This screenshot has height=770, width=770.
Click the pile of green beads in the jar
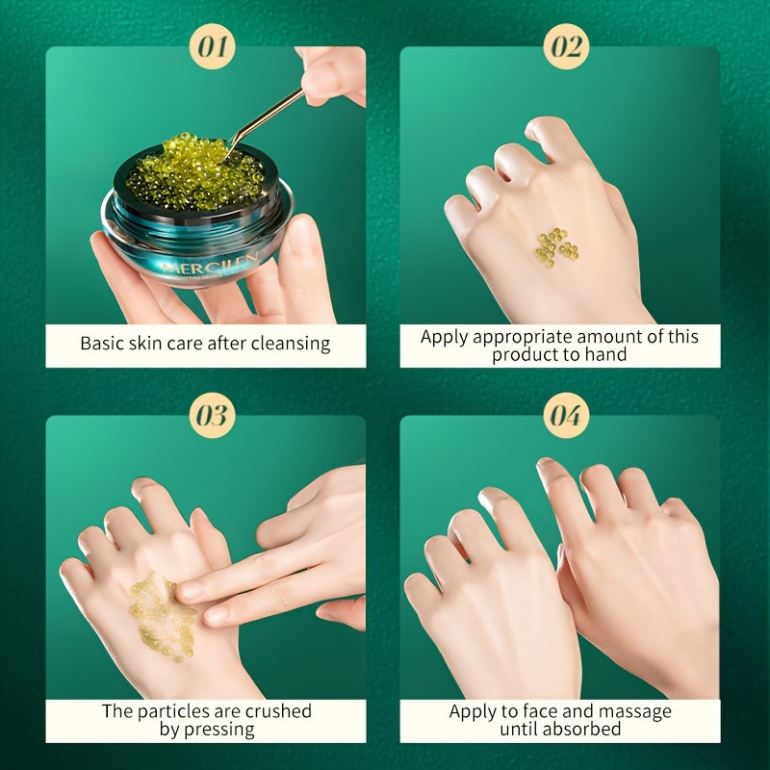(192, 173)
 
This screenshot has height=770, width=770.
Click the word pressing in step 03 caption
(221, 729)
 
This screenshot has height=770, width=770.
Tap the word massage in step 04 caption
(638, 711)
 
